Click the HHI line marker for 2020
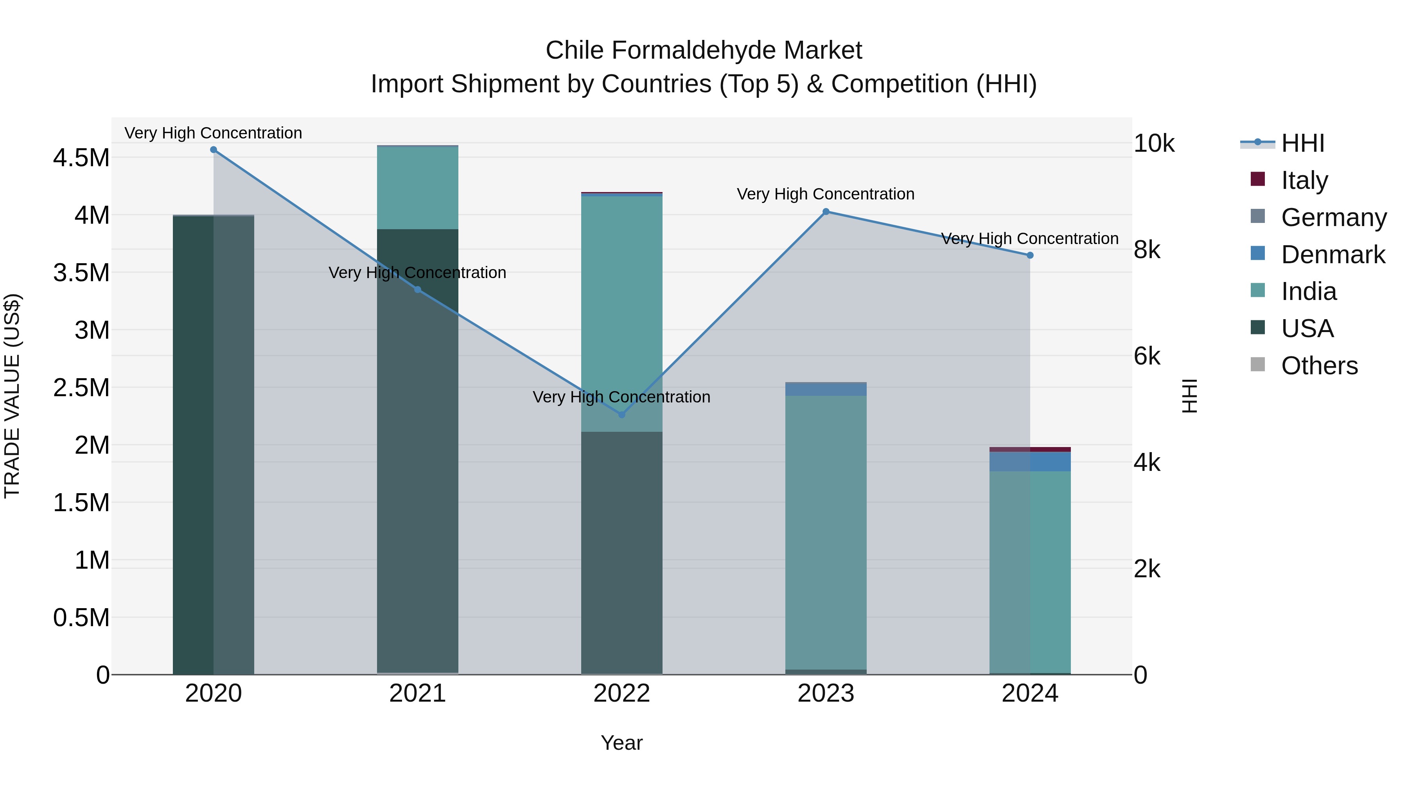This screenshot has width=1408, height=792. pos(213,150)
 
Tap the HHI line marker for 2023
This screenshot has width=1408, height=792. pos(826,212)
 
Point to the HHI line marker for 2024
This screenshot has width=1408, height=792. pos(1030,255)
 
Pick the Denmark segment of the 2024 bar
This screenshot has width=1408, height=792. pos(1030,462)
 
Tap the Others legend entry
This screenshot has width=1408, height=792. pos(1318,365)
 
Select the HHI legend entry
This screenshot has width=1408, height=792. pos(1302,143)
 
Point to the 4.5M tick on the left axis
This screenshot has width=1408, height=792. pos(81,158)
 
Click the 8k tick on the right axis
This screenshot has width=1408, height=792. pos(1147,250)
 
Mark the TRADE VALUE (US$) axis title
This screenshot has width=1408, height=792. pos(12,396)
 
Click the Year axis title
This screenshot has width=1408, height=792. pos(621,743)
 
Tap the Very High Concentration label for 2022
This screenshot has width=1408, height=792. pos(621,397)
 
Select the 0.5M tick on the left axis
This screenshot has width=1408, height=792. pos(81,618)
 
